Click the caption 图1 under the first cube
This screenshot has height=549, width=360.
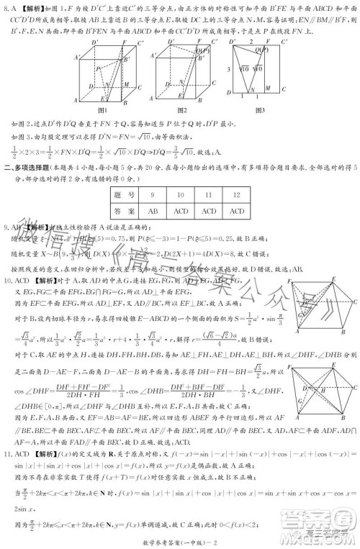[101, 110]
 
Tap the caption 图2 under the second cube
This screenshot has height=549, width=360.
[184, 110]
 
